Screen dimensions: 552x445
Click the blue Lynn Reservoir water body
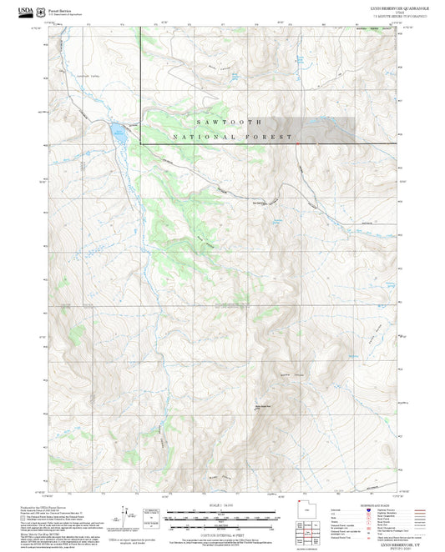coord(118,132)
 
